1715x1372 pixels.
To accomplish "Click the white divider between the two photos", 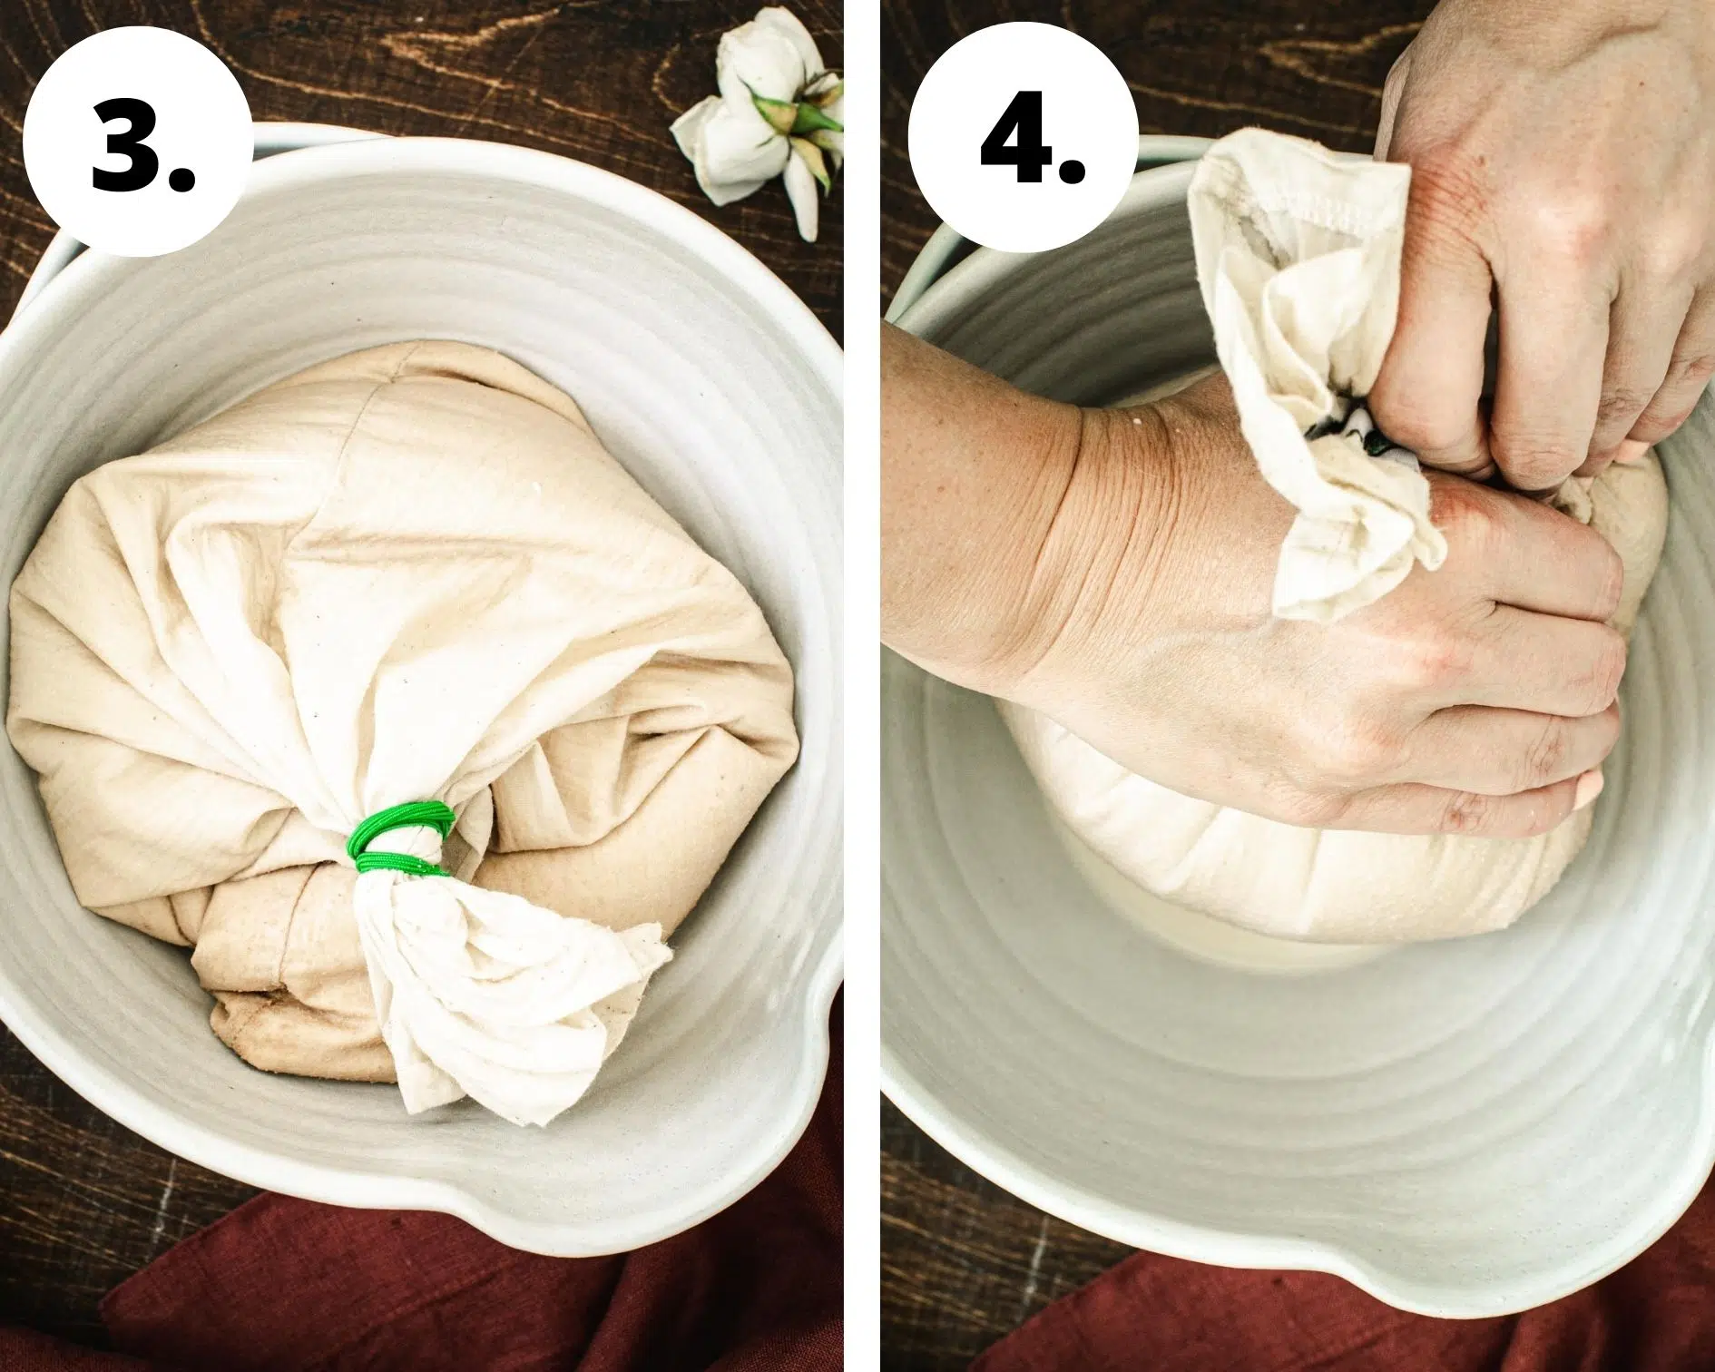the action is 862,686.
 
